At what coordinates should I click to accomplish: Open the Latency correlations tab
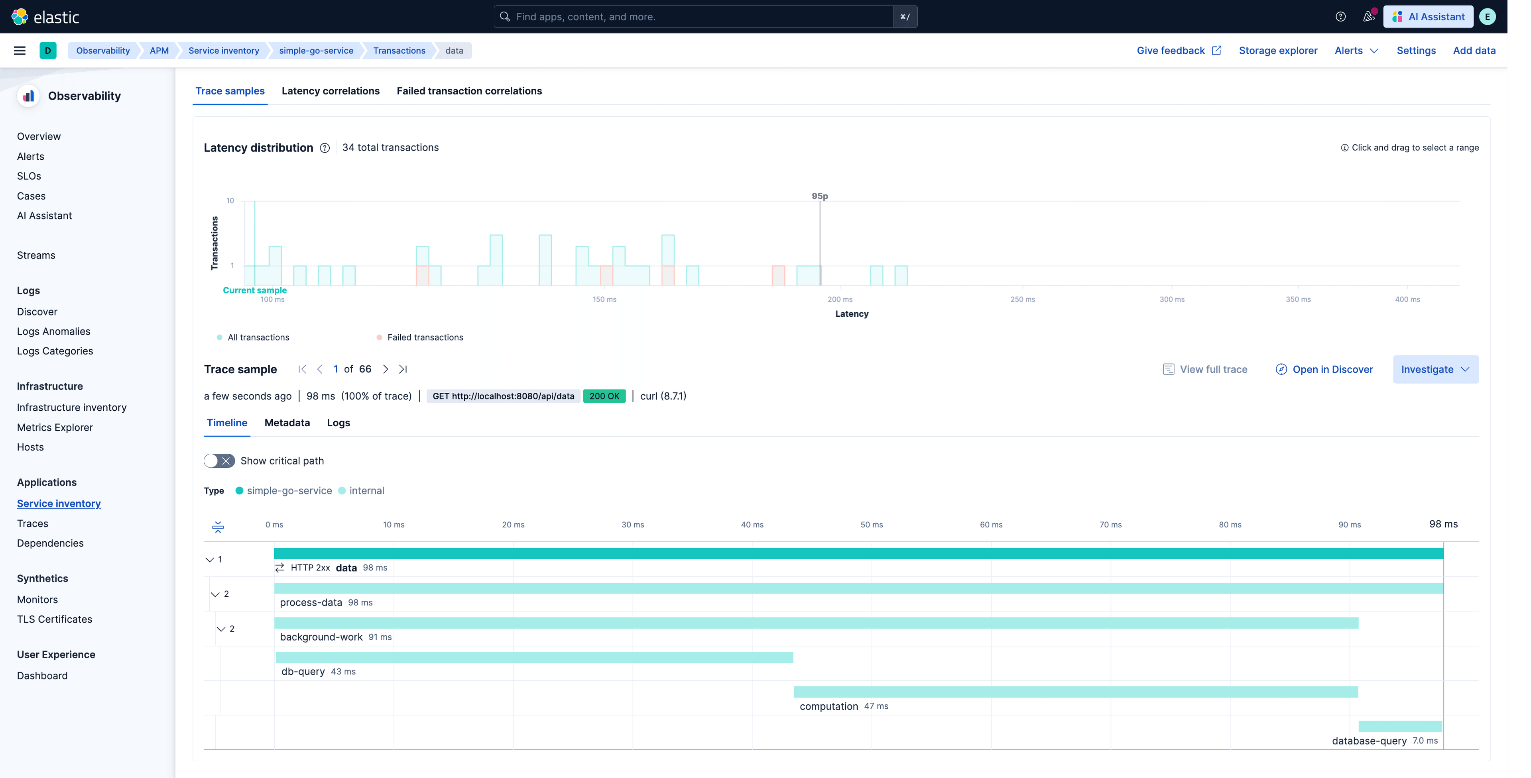[x=331, y=91]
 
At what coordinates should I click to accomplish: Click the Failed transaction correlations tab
[x=469, y=91]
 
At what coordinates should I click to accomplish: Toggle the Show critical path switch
[x=219, y=461]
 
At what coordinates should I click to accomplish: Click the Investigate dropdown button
[x=1435, y=369]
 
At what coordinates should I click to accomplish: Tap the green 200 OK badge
[x=604, y=396]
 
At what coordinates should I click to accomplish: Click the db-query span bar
[x=534, y=657]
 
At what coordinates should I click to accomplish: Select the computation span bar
[x=1075, y=692]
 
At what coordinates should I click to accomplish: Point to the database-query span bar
[x=1400, y=726]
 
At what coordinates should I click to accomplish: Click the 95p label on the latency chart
[x=820, y=196]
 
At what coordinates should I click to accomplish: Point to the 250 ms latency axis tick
[x=1022, y=299]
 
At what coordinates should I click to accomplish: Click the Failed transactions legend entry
[x=424, y=337]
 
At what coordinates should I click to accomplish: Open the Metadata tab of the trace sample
[x=287, y=423]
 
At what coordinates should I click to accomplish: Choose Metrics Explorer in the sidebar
[x=55, y=427]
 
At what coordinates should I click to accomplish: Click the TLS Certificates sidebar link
[x=55, y=619]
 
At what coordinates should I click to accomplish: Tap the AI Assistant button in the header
[x=1428, y=17]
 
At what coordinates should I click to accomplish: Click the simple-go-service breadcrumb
[x=316, y=51]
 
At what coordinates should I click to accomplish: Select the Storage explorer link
[x=1278, y=51]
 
